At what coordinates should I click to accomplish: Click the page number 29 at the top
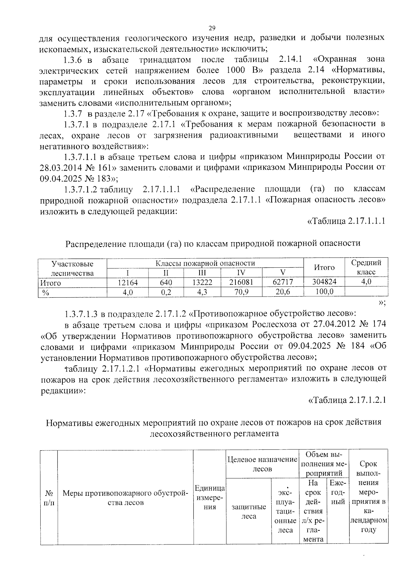click(x=212, y=28)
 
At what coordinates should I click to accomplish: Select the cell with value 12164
click(x=128, y=282)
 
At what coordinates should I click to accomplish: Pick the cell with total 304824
click(x=324, y=282)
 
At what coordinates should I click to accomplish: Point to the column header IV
click(x=241, y=272)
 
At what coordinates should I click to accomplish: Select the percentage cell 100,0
click(x=324, y=292)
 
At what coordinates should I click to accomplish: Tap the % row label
click(x=46, y=293)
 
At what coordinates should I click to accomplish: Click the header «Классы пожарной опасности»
click(x=205, y=263)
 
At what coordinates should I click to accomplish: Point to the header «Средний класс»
click(x=366, y=267)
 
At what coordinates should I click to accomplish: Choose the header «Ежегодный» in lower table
click(x=338, y=492)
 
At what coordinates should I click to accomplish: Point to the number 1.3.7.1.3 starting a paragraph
click(x=81, y=314)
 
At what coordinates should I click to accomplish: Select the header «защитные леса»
click(x=249, y=511)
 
